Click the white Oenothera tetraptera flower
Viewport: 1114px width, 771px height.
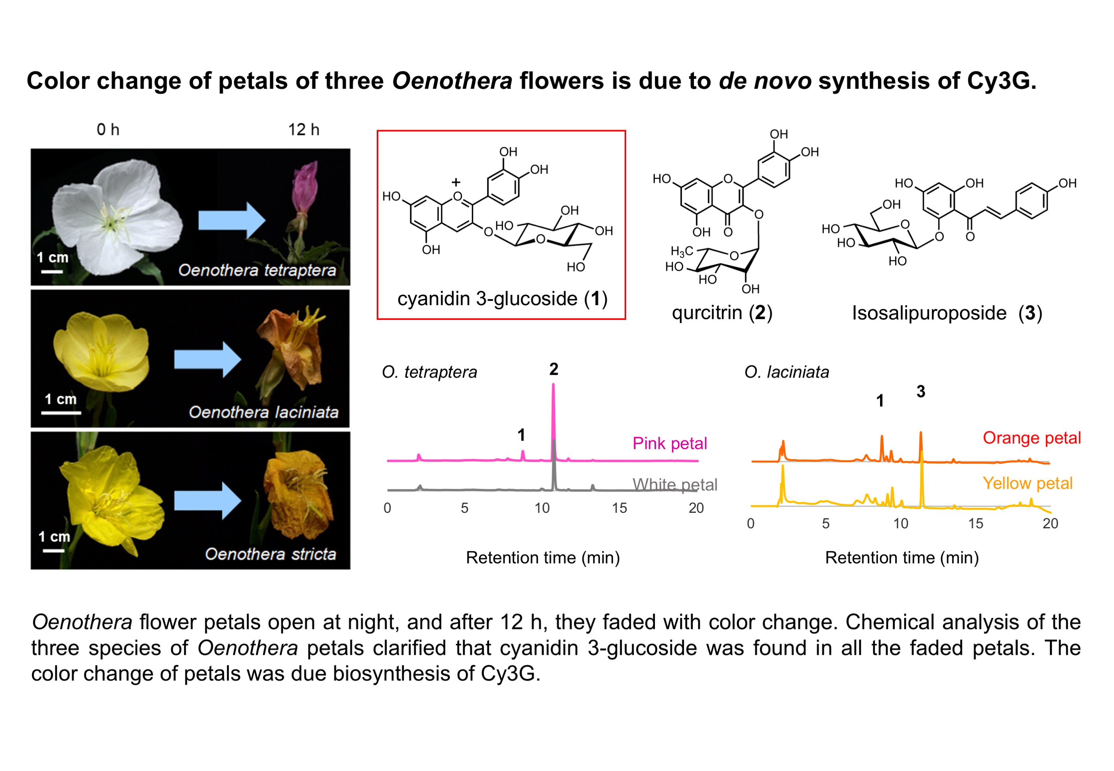pyautogui.click(x=116, y=217)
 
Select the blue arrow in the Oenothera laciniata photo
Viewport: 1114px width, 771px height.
pyautogui.click(x=208, y=359)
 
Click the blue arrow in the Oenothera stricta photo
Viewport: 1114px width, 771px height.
pyautogui.click(x=208, y=501)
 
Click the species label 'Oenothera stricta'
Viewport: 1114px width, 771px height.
pyautogui.click(x=271, y=554)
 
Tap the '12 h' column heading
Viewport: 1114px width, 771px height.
pyautogui.click(x=304, y=129)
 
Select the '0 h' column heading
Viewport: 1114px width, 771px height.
pyautogui.click(x=108, y=129)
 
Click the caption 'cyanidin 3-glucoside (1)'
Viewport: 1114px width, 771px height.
pyautogui.click(x=502, y=298)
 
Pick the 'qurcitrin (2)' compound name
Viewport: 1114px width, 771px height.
pyautogui.click(x=722, y=313)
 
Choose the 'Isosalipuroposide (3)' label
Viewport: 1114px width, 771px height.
pyautogui.click(x=947, y=313)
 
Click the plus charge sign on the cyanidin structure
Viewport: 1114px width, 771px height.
pyautogui.click(x=456, y=182)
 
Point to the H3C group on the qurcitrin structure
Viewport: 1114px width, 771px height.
pyautogui.click(x=682, y=251)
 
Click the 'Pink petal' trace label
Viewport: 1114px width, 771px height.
pyautogui.click(x=670, y=443)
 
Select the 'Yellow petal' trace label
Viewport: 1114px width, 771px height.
pyautogui.click(x=1028, y=483)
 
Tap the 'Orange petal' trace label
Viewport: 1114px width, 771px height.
pyautogui.click(x=1032, y=438)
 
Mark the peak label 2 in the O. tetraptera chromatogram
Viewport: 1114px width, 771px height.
pyautogui.click(x=554, y=370)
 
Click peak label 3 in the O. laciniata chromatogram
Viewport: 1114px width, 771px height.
pyautogui.click(x=921, y=392)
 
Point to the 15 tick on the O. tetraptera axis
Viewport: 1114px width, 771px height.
pyautogui.click(x=619, y=508)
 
